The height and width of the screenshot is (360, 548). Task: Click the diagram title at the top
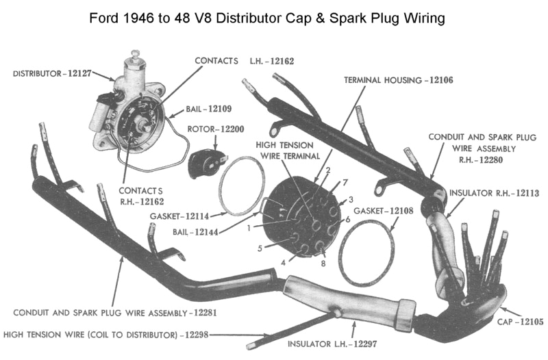pos(267,18)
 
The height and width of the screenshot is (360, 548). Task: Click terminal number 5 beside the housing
pos(260,248)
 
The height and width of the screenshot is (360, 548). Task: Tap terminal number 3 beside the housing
pos(351,200)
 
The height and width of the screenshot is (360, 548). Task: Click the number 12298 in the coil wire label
pos(195,335)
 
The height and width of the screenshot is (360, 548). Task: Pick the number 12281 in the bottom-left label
pos(203,313)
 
